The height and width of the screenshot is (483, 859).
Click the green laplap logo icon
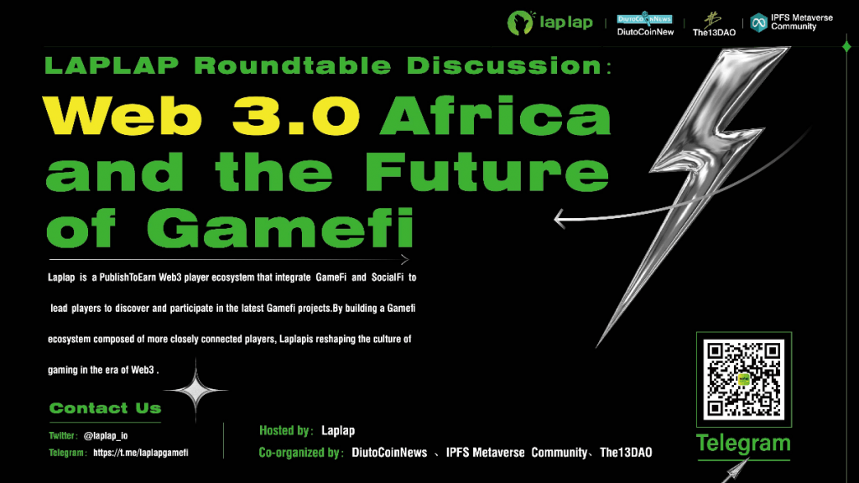(x=521, y=23)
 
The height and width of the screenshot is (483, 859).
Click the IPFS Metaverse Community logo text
(x=793, y=22)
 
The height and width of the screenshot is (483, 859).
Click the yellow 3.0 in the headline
(x=287, y=116)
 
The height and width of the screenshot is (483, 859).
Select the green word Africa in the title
(x=495, y=116)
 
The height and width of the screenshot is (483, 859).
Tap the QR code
(x=744, y=378)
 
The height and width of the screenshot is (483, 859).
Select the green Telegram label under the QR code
(x=743, y=444)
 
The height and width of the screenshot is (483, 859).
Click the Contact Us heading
(x=105, y=408)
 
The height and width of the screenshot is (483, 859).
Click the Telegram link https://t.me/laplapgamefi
(x=140, y=453)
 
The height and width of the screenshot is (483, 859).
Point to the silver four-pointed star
(x=195, y=389)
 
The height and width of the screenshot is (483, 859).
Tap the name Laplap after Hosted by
(x=338, y=431)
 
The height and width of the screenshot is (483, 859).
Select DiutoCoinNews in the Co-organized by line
(x=389, y=453)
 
